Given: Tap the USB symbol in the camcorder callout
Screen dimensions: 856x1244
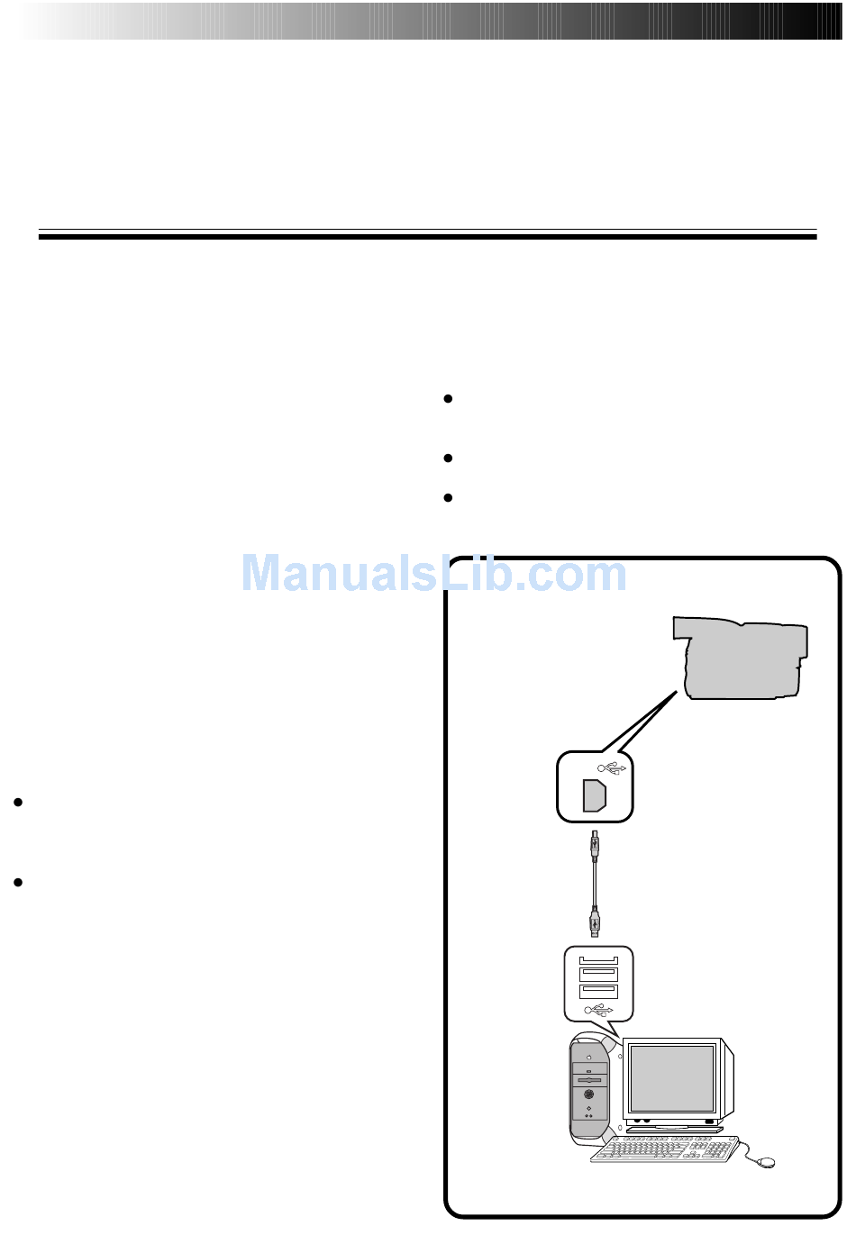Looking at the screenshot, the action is coord(612,768).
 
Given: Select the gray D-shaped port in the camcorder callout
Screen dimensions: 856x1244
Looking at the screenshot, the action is coord(594,796).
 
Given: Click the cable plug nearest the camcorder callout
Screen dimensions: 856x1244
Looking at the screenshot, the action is coord(595,846).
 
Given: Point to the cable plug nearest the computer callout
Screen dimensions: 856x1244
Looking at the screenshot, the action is coord(595,922).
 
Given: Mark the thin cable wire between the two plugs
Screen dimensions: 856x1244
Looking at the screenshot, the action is coord(595,884).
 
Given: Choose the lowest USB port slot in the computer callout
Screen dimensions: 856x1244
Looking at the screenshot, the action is coord(598,991).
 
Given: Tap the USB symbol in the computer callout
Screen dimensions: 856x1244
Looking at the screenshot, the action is coord(598,1010).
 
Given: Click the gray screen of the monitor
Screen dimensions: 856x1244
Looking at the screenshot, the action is coord(671,1078).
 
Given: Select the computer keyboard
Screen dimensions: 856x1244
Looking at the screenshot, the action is coord(665,1149).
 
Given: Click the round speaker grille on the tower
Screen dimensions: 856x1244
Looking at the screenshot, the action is coord(588,1094).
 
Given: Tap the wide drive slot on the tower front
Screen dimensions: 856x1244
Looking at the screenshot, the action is coord(588,1078).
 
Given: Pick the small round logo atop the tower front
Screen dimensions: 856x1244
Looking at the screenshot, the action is coord(588,1056).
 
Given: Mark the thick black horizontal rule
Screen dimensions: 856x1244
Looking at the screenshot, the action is coord(427,237).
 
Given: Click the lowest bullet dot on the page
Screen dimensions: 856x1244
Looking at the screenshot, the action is coord(17,883).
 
